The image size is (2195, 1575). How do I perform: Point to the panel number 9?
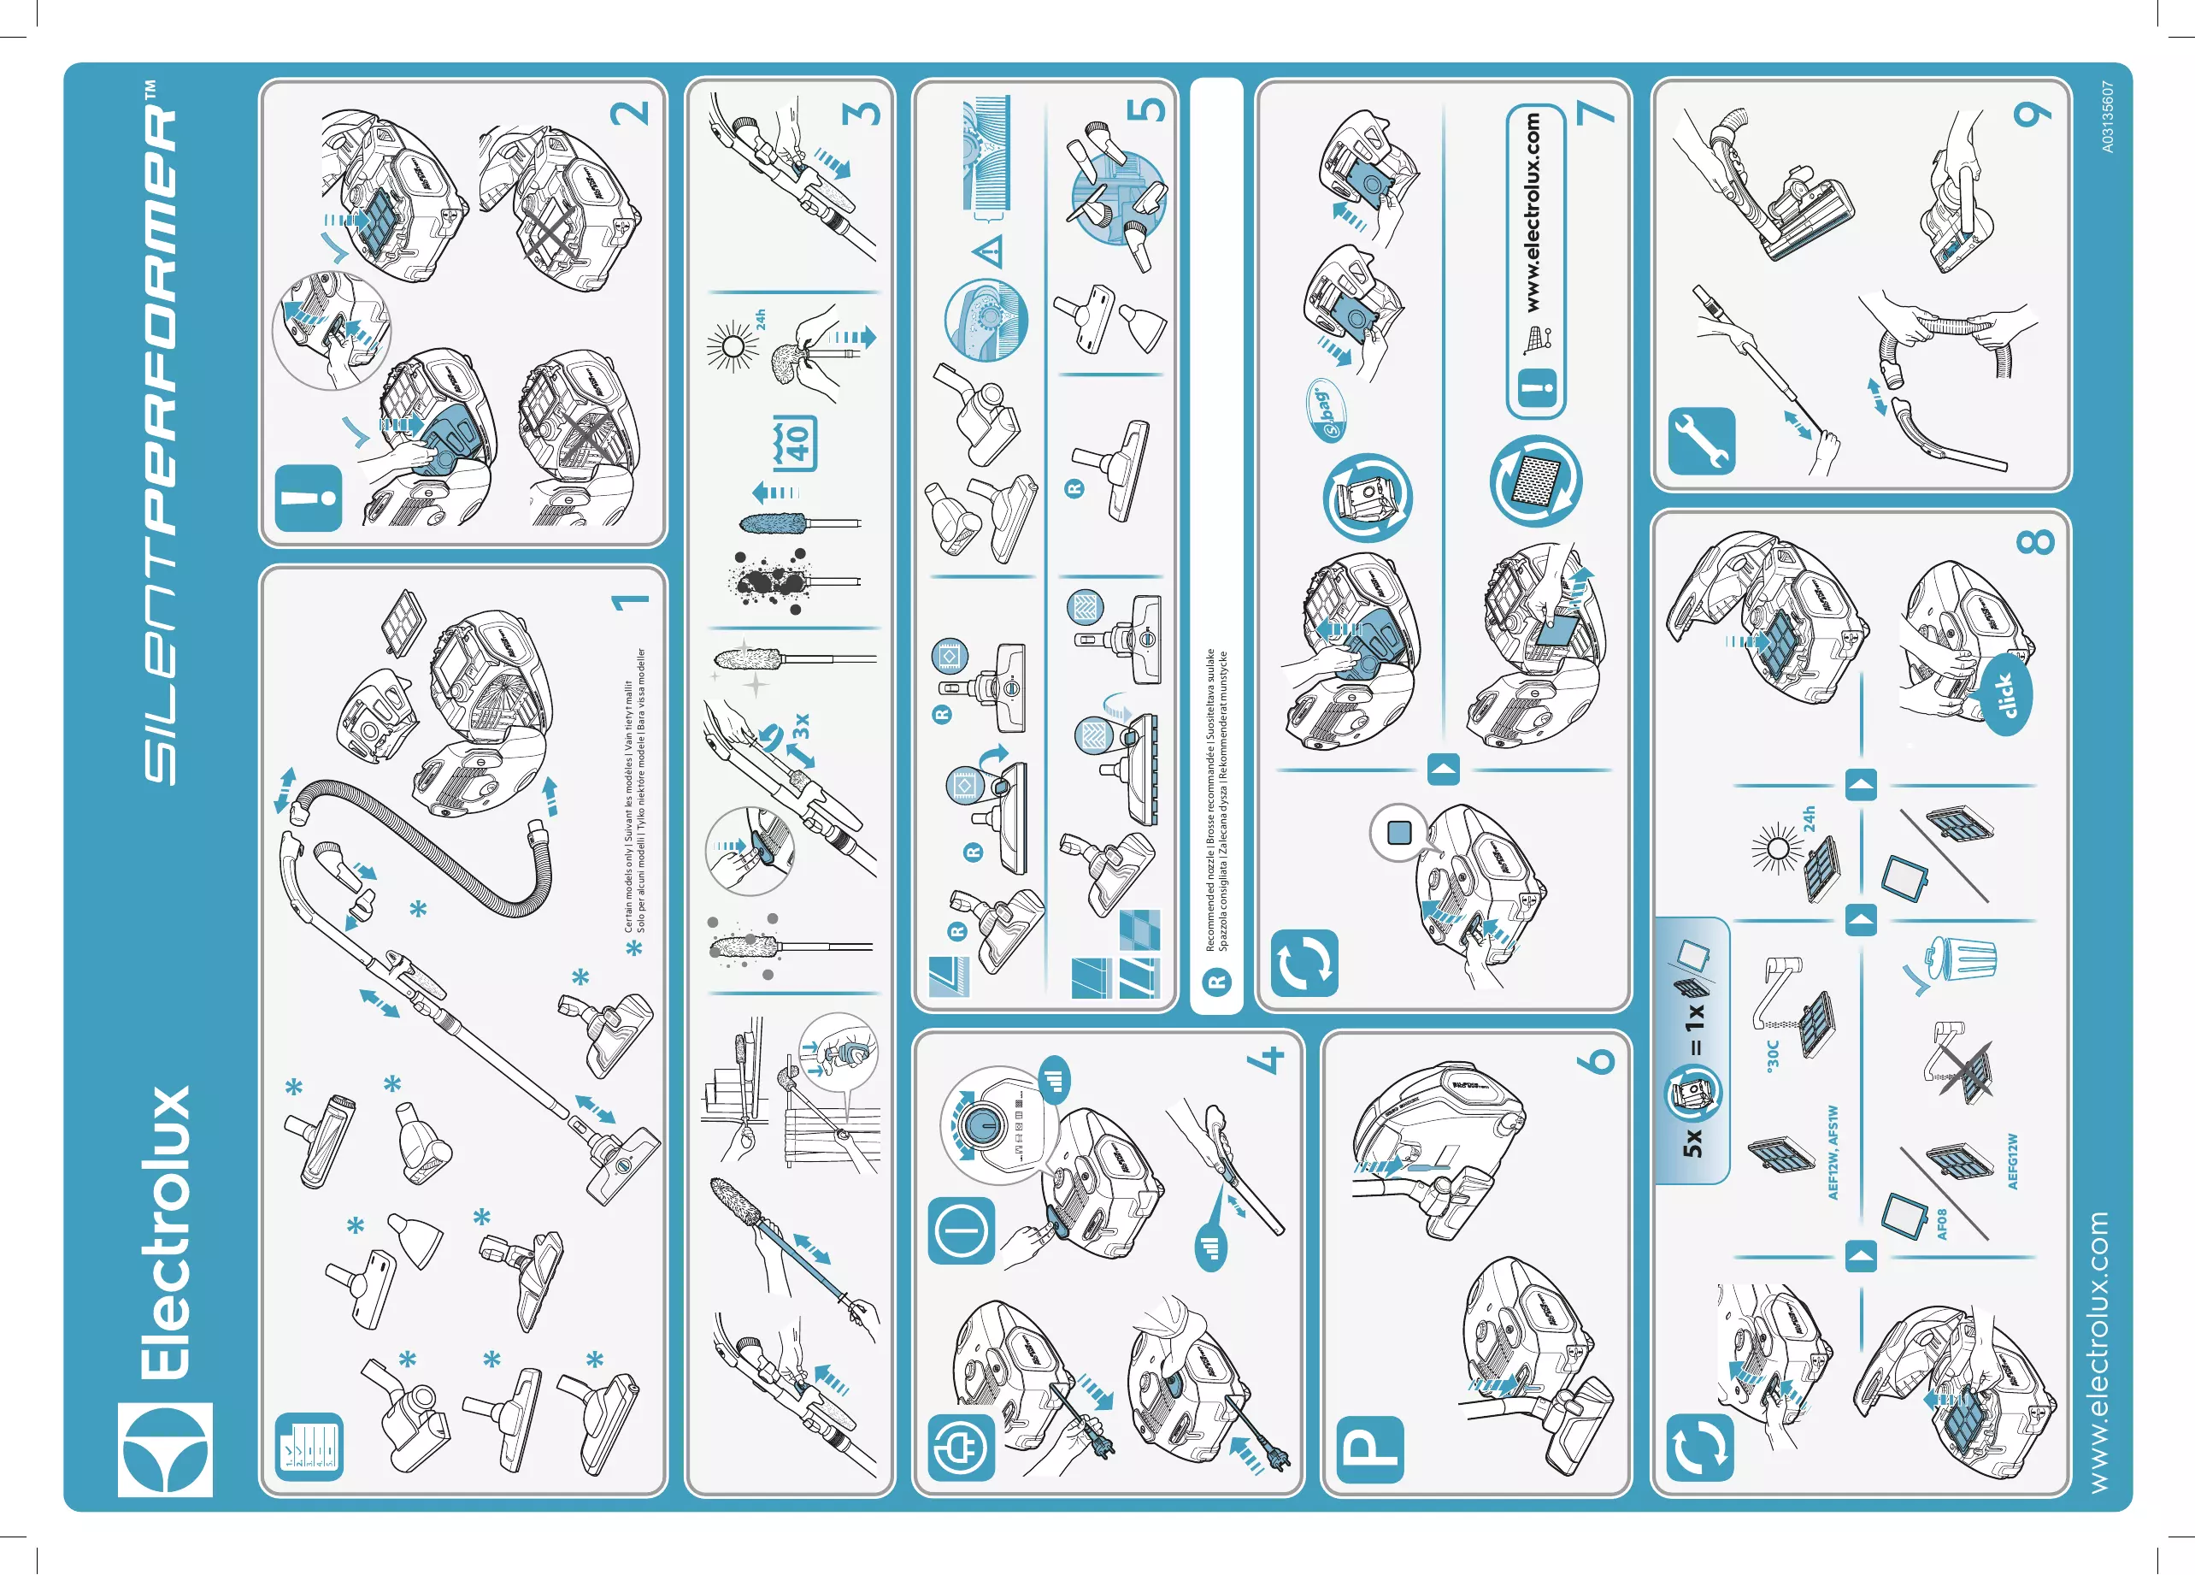point(2033,113)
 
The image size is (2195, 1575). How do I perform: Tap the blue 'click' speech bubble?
point(2007,695)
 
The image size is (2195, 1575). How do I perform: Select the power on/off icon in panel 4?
point(961,1230)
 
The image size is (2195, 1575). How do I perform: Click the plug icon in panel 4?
point(961,1448)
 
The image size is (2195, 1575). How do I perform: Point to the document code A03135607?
point(2107,116)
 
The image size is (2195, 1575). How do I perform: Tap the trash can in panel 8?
point(1963,958)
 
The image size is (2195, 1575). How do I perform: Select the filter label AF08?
point(1940,1224)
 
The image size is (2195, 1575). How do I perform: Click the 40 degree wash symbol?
point(796,444)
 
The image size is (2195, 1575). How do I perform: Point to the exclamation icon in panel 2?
point(309,498)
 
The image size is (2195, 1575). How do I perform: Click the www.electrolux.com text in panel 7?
point(1533,212)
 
